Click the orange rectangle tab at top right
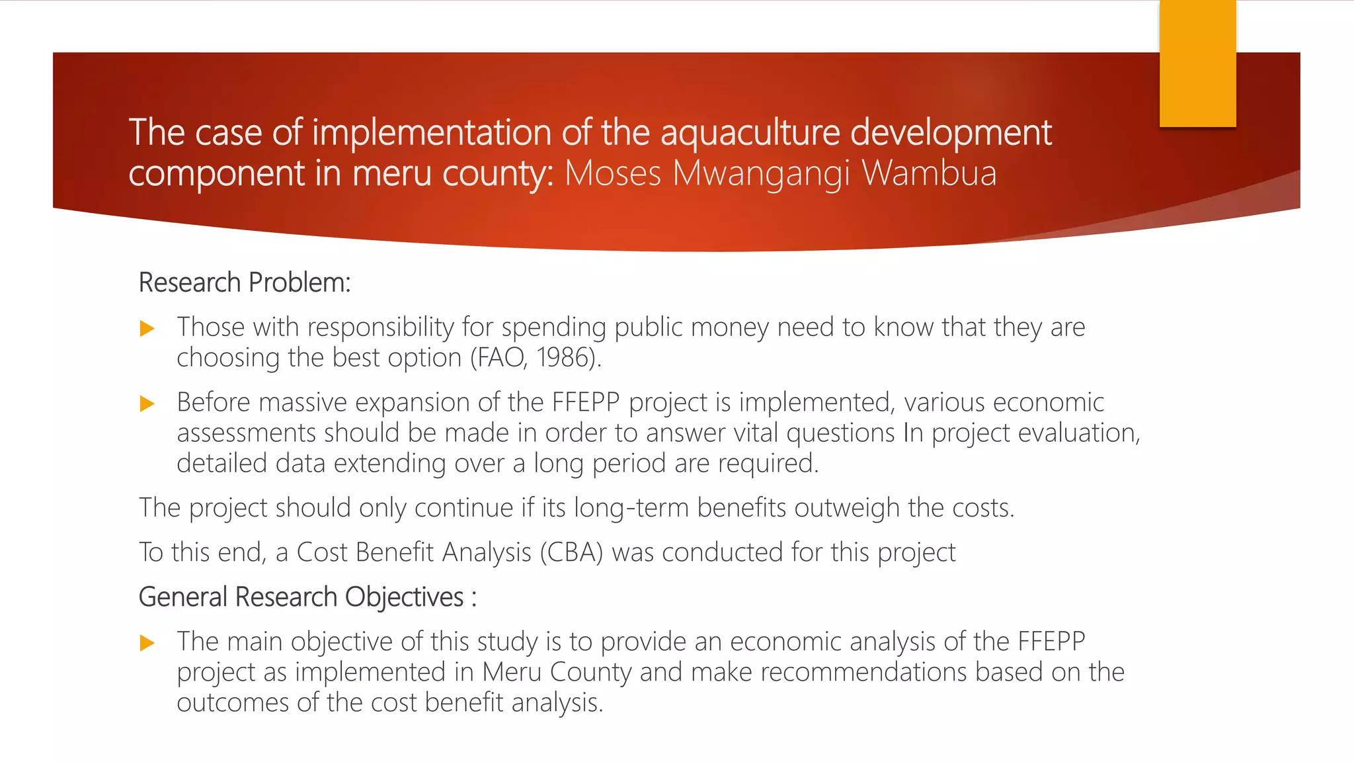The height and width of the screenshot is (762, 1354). [x=1197, y=63]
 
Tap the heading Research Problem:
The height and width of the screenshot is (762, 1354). [x=244, y=282]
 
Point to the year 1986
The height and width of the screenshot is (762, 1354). [x=563, y=358]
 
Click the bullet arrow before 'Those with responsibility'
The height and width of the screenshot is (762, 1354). [x=147, y=329]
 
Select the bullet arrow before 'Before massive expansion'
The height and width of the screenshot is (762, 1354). [x=147, y=404]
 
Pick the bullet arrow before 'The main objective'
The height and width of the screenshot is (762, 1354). [x=147, y=643]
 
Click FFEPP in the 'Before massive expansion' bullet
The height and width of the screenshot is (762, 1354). [x=586, y=402]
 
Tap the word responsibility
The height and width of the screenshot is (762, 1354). [x=380, y=327]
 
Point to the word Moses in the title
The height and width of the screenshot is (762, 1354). [x=613, y=173]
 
